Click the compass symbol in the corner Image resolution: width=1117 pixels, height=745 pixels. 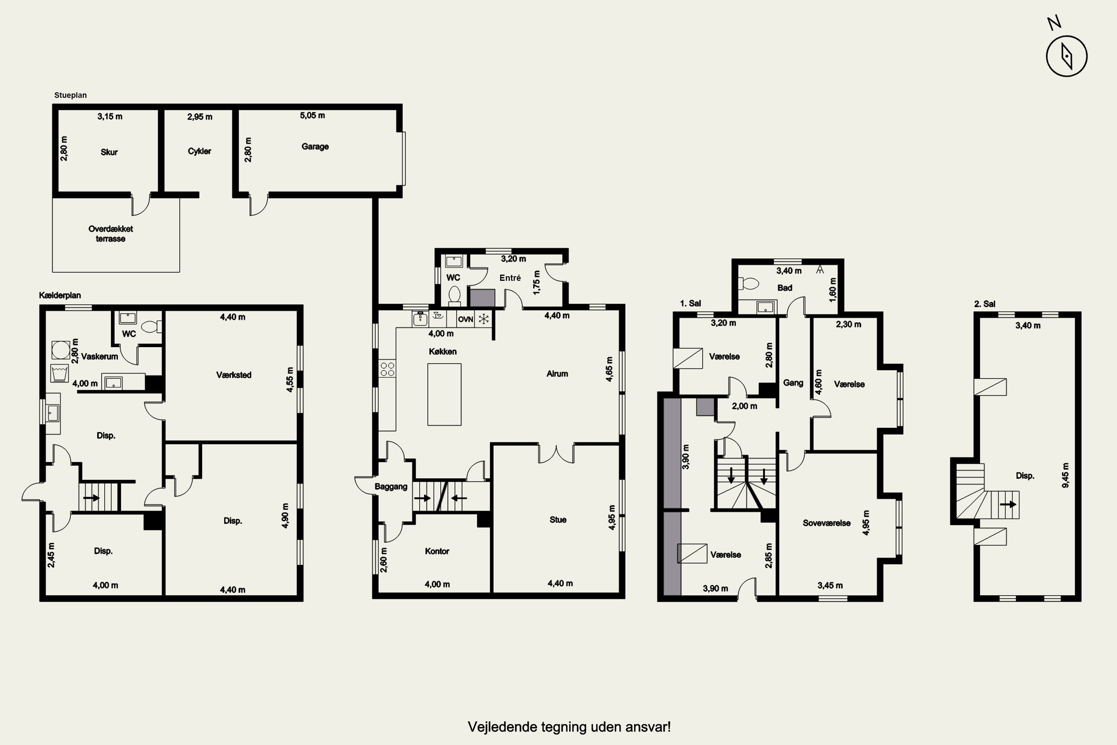point(1066,56)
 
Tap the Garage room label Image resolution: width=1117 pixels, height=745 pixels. point(315,146)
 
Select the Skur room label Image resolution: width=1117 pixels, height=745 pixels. point(109,152)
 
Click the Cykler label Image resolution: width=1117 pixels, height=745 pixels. point(200,151)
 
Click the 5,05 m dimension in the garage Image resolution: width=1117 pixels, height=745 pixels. point(312,115)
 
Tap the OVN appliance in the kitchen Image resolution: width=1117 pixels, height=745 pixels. point(465,319)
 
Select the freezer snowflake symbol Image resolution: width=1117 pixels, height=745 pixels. point(483,319)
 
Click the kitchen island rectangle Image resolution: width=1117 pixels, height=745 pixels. point(444,394)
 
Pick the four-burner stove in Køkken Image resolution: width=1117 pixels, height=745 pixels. point(388,369)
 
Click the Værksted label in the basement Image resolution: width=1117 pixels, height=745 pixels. point(234,375)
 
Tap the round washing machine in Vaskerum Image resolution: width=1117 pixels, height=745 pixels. point(61,350)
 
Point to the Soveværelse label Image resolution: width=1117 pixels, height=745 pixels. point(826,523)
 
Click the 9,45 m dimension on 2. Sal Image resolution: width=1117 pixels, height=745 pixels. point(1066,475)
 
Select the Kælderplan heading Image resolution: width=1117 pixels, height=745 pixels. point(60,295)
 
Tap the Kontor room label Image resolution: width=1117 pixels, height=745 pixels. point(437,551)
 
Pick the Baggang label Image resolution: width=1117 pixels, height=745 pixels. point(391,487)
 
